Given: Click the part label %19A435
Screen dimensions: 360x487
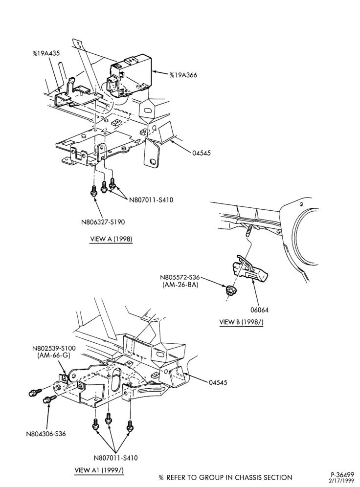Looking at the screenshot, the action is [x=46, y=53].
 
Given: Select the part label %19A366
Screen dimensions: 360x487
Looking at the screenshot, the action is [x=183, y=75].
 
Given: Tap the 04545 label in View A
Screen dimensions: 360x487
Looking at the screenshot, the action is [x=201, y=153].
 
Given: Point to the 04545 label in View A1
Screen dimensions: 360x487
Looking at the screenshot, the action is [x=218, y=382].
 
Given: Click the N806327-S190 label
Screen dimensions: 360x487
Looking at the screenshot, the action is [x=103, y=222].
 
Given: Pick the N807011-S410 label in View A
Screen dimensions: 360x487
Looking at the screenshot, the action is [x=151, y=200].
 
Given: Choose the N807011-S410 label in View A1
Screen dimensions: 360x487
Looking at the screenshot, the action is [x=115, y=458].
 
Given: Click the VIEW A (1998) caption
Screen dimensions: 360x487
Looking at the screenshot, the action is [x=111, y=239].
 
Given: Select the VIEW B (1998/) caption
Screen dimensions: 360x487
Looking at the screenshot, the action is [x=241, y=322].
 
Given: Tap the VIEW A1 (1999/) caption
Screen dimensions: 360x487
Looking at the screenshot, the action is [x=99, y=470].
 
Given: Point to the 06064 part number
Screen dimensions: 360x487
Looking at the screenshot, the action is [x=259, y=310].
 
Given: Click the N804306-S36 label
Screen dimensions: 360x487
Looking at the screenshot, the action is [x=46, y=434].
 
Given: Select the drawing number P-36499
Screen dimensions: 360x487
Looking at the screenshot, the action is [x=342, y=475].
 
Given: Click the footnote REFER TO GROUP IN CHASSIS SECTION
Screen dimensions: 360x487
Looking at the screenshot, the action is [x=229, y=478].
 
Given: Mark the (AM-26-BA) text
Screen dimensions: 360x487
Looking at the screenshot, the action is [x=180, y=285].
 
